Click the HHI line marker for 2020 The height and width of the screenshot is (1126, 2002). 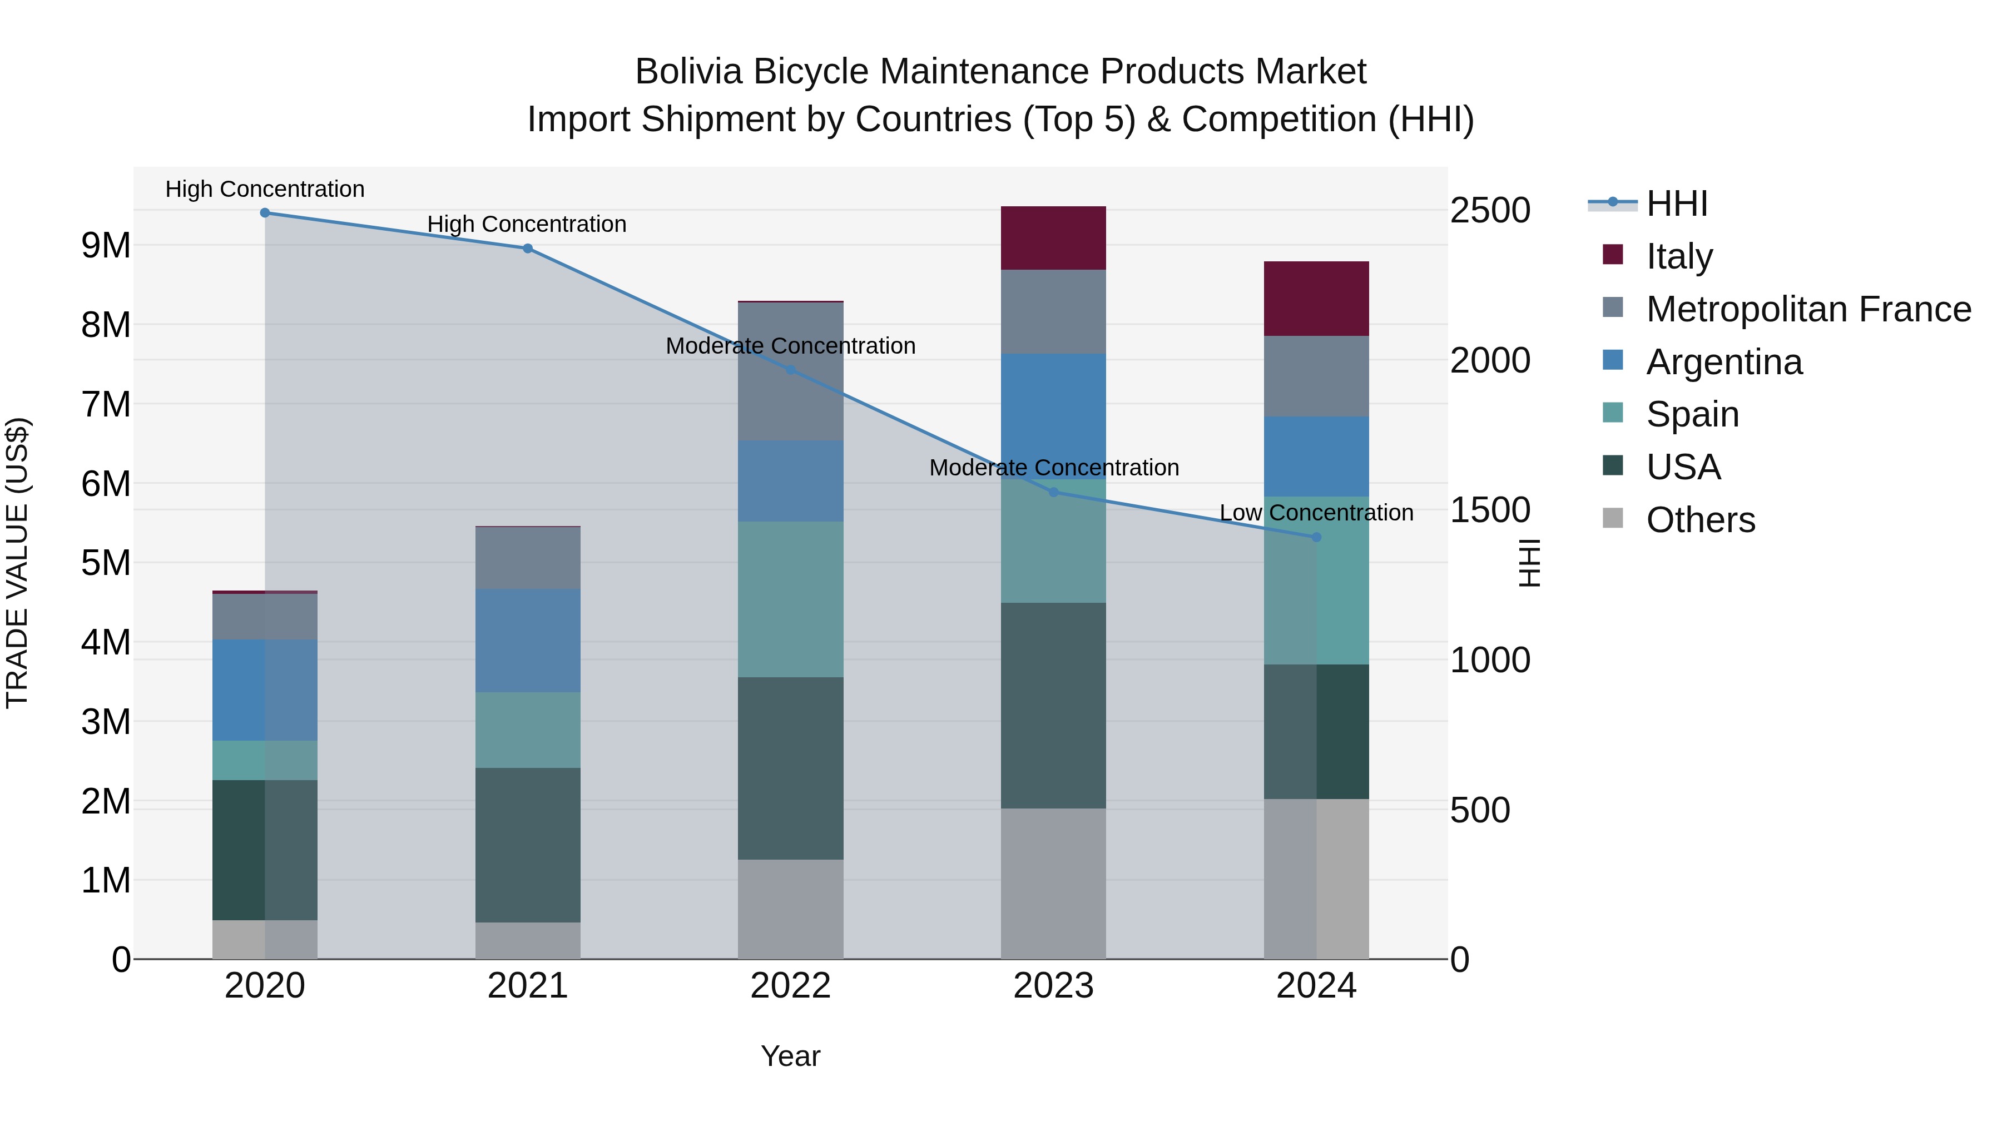pos(265,213)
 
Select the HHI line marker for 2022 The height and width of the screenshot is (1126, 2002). pos(791,370)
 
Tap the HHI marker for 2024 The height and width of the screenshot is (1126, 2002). pos(1316,537)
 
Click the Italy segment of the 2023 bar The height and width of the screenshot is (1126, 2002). pos(1053,238)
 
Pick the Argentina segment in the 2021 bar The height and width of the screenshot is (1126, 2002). pos(528,641)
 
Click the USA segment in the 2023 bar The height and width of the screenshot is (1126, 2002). pos(1053,706)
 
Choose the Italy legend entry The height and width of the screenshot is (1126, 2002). pos(1679,256)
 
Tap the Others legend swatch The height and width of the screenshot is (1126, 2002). pos(1613,518)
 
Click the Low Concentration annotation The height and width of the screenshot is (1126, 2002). pos(1316,513)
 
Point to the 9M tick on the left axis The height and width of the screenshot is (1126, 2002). pos(106,246)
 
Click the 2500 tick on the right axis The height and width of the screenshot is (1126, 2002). pos(1490,211)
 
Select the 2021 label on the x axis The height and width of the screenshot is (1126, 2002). pos(528,986)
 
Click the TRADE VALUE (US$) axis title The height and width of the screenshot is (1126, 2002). pos(17,563)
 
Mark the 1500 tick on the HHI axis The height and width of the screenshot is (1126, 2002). pos(1490,510)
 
